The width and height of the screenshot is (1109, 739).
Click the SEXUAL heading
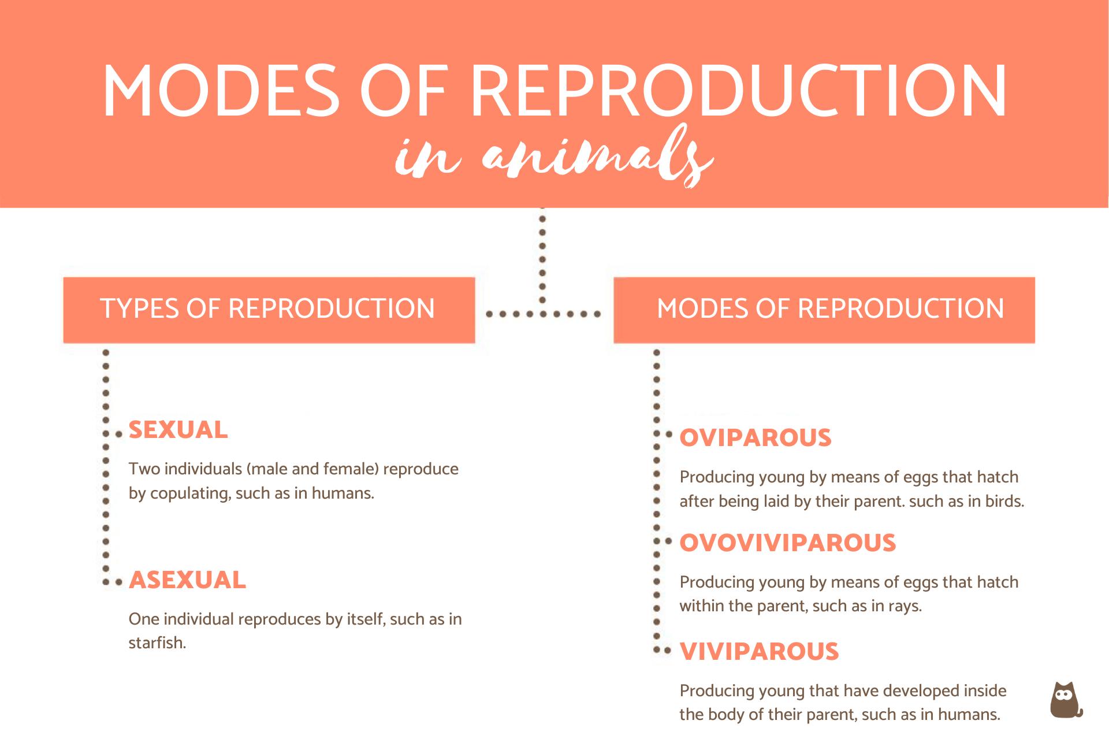point(178,430)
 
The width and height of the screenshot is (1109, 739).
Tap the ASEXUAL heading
point(187,580)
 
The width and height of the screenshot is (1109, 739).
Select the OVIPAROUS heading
point(755,438)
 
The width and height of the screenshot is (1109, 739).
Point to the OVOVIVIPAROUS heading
point(787,543)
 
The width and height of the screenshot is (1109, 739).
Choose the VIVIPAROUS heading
point(759,652)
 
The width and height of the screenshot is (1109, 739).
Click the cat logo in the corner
point(1065,700)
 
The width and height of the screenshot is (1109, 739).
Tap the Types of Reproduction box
point(269,310)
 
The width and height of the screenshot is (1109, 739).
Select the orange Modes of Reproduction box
point(824,310)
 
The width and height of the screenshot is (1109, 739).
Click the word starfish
point(156,643)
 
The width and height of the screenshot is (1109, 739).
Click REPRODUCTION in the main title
point(739,91)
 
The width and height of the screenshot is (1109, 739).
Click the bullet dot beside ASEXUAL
point(118,582)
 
